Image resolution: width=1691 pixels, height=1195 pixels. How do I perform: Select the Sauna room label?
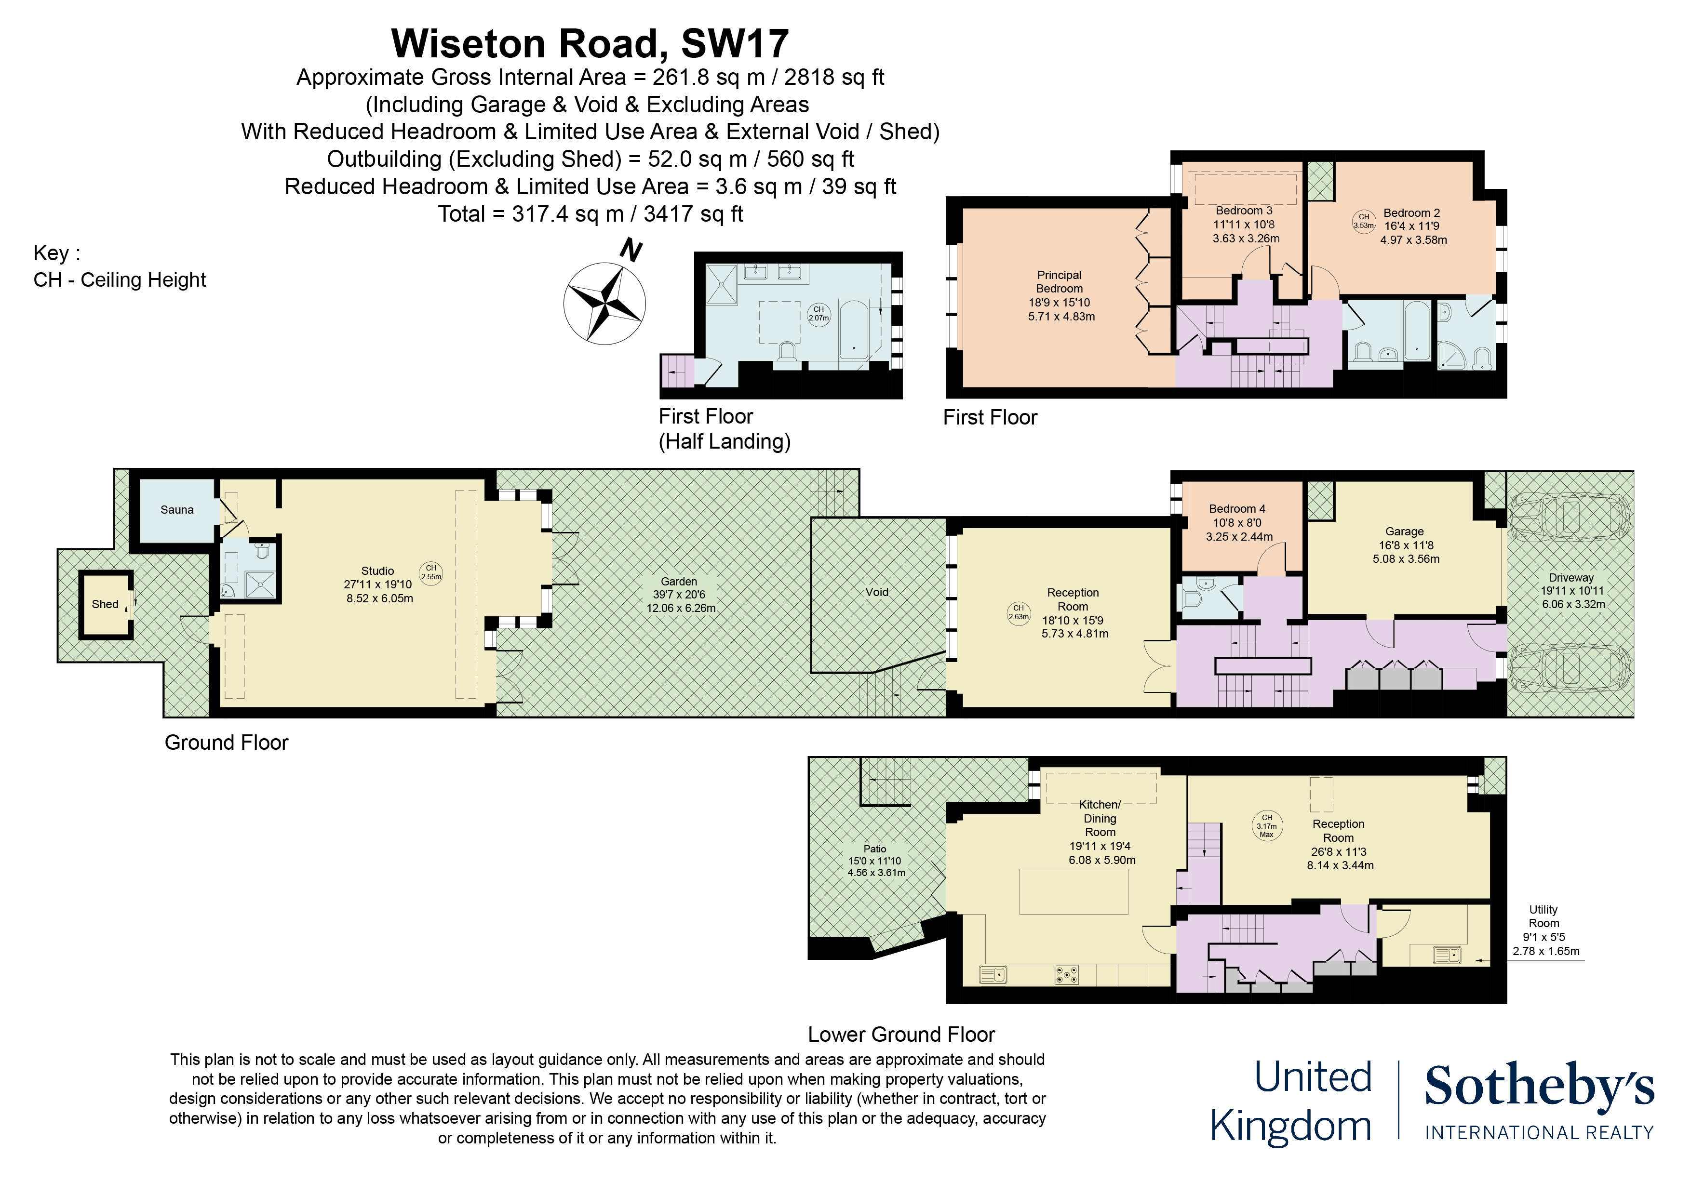(x=177, y=509)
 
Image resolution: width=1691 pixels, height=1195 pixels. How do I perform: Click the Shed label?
(x=105, y=604)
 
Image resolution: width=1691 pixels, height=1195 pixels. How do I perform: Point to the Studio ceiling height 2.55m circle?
(x=431, y=572)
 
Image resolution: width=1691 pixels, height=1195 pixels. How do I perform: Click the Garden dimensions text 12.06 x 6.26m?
(x=681, y=608)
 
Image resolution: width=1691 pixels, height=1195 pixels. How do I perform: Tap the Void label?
(x=876, y=592)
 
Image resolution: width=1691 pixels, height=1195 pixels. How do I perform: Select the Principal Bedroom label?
(x=1059, y=281)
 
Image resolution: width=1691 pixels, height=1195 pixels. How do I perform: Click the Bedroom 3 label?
(x=1244, y=211)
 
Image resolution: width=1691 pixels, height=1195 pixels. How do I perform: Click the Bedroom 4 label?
(x=1237, y=509)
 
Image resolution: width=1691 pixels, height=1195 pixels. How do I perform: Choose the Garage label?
(x=1405, y=531)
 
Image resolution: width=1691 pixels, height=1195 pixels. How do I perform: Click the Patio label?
(x=875, y=849)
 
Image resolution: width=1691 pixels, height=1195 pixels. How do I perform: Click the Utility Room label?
(x=1543, y=916)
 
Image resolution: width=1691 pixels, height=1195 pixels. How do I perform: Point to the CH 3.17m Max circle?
(x=1267, y=825)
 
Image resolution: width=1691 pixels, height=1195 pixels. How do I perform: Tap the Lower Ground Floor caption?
(x=901, y=1035)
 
